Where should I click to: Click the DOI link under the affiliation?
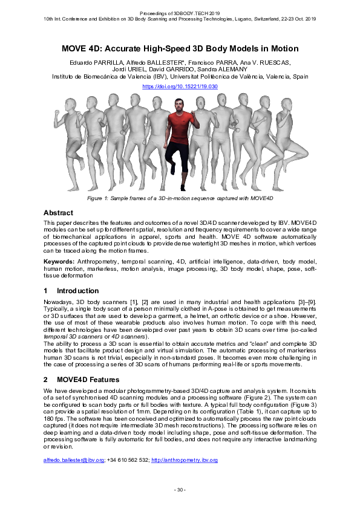coord(180,86)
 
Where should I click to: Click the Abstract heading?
coord(58,213)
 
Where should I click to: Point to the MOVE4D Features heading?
coord(88,380)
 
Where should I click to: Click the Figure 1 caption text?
coord(180,198)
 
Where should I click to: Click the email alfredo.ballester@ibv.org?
coord(70,461)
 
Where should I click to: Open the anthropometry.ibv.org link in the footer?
coord(185,461)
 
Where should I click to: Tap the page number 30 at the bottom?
coord(180,489)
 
